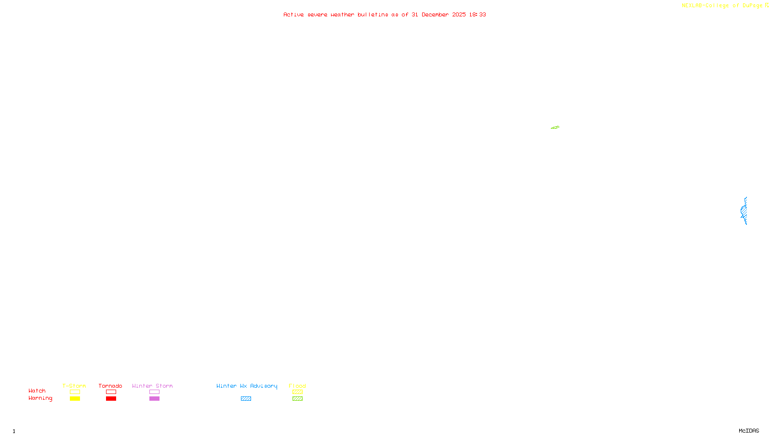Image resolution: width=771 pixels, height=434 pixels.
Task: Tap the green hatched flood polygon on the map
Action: [555, 127]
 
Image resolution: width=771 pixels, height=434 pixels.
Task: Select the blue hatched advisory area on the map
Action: [744, 211]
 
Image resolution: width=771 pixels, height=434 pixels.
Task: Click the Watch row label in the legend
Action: [37, 391]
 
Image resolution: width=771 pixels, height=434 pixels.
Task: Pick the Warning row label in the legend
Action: [40, 398]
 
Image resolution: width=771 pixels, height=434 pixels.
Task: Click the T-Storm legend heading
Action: [74, 386]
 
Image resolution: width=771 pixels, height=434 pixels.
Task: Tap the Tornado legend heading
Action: [110, 386]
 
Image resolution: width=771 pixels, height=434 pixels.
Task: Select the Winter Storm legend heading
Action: [152, 386]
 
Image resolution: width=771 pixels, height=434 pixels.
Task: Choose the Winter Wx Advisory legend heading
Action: [247, 386]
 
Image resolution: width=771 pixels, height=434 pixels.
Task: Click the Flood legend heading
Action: [297, 386]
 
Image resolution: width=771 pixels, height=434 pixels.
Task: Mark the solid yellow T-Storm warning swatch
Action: [75, 399]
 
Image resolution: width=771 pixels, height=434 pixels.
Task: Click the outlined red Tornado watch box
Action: [111, 392]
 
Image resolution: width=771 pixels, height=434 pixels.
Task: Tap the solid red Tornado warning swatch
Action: [111, 399]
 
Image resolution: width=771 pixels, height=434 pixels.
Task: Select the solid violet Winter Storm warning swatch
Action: [154, 399]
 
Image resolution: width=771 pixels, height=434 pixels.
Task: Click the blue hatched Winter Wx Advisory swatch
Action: [246, 399]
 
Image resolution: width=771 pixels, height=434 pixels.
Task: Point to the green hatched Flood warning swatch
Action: [297, 399]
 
